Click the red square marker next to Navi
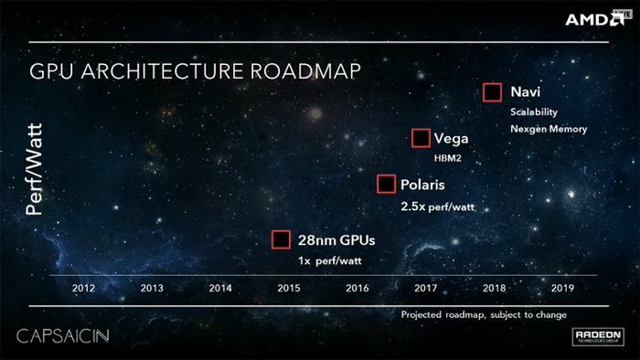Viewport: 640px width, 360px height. coord(493,92)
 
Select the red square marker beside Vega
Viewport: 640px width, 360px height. coord(421,139)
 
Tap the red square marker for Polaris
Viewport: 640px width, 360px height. coord(387,185)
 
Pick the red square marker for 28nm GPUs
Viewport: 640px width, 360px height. coord(283,240)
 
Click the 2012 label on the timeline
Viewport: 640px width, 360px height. coord(84,288)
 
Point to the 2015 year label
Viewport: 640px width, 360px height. coord(289,288)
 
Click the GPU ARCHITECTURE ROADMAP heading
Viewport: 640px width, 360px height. coord(196,71)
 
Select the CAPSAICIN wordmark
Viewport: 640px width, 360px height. coord(63,336)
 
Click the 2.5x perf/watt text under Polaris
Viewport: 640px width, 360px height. coord(437,207)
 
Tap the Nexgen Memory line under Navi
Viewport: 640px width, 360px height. coord(549,129)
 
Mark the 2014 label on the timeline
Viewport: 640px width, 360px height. coord(220,288)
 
